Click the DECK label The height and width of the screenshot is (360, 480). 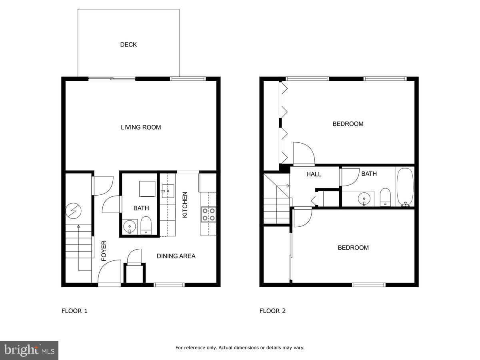tap(128, 45)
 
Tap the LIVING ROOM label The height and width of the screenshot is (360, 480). tap(141, 127)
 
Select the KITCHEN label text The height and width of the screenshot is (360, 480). tap(185, 205)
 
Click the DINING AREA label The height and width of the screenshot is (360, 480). tap(176, 256)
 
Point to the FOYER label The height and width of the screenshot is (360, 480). tap(104, 251)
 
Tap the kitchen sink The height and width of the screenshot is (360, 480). tap(168, 191)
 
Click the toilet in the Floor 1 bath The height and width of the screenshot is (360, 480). tap(146, 226)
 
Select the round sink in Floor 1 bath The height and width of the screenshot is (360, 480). tap(130, 227)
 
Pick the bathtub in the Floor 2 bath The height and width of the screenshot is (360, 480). tap(405, 187)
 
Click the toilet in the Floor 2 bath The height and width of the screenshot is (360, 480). tap(385, 196)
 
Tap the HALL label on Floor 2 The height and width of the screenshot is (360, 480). tap(314, 174)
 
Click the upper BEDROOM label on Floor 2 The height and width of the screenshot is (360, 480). tap(348, 124)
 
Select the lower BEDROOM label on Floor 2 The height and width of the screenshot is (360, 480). tap(353, 248)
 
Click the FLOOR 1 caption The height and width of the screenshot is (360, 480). tap(74, 311)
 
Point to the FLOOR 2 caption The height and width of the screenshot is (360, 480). tap(272, 311)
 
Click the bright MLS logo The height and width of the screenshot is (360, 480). tap(29, 350)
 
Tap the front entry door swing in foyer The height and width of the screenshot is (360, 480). tap(109, 272)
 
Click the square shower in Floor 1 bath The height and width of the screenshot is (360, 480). tap(147, 189)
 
